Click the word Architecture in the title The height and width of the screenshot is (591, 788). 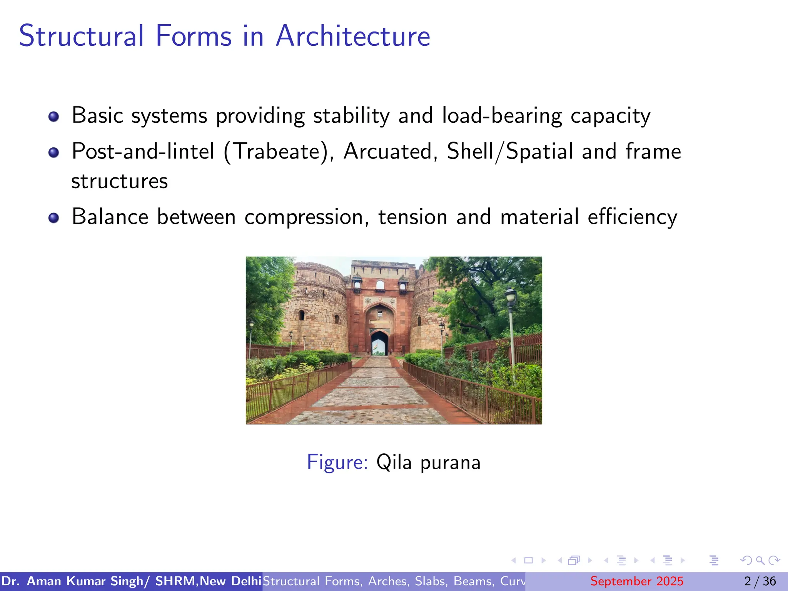(353, 36)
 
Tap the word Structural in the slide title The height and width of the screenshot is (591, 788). (81, 36)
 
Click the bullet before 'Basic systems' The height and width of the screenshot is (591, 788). (53, 117)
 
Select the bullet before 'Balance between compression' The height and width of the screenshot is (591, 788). (53, 218)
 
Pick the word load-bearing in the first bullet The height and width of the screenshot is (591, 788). (502, 116)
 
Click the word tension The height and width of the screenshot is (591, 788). (413, 217)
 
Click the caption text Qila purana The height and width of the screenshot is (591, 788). (428, 462)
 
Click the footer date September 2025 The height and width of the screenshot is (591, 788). (636, 581)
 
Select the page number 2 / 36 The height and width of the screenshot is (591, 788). (760, 581)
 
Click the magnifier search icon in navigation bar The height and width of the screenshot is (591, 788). (760, 560)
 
